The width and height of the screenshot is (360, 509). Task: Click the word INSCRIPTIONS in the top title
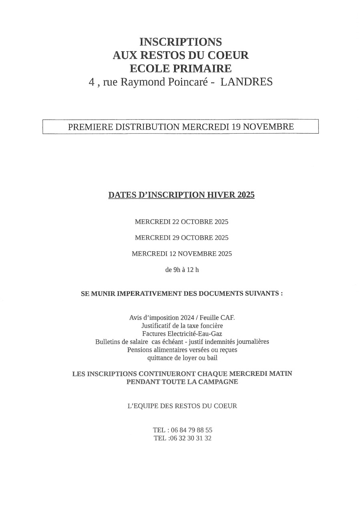181,42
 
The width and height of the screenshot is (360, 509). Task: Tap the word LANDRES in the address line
247,82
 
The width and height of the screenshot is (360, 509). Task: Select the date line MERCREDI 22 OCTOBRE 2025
181,221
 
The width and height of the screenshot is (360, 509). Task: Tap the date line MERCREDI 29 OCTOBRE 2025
181,238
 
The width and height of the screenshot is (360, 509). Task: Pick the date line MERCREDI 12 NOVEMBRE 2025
181,254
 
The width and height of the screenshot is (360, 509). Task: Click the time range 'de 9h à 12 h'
182,270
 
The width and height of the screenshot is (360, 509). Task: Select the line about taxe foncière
182,326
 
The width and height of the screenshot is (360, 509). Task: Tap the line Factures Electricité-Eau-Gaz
182,334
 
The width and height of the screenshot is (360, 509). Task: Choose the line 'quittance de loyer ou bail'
182,358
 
